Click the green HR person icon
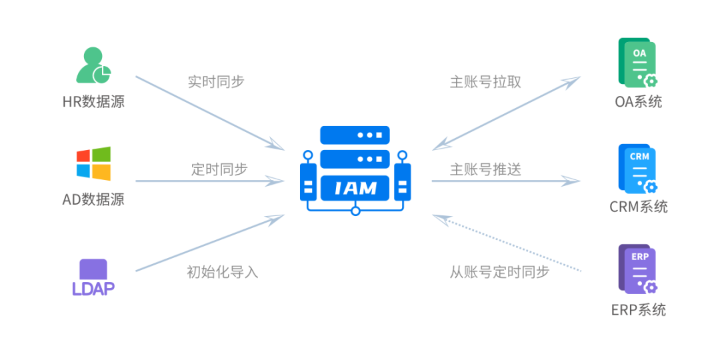(93, 66)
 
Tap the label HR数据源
(93, 102)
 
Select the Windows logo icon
(93, 163)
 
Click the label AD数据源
(93, 199)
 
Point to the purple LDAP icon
(93, 276)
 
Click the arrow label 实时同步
(216, 82)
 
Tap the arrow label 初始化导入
(222, 272)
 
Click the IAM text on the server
(355, 188)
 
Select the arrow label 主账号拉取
(485, 82)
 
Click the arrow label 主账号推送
(485, 169)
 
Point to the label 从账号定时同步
(499, 272)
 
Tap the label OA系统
(638, 102)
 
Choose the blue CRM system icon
(638, 167)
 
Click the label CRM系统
(638, 207)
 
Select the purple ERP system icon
(638, 269)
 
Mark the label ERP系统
(638, 310)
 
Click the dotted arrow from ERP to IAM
(507, 243)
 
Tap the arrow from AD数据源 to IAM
(210, 181)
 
